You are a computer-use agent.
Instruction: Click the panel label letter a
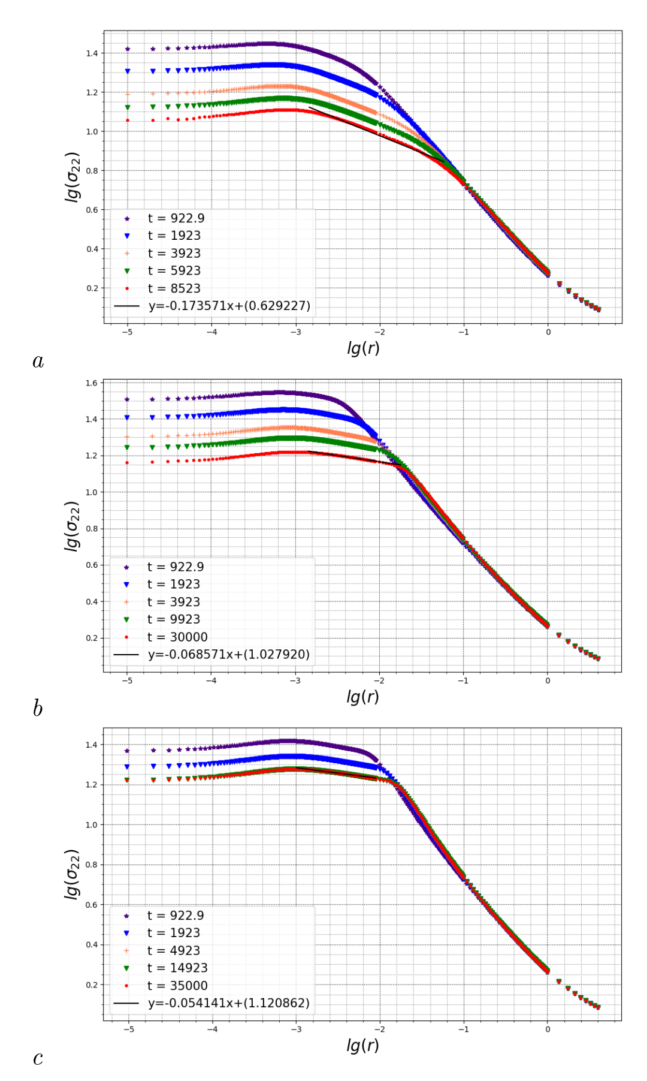coord(38,361)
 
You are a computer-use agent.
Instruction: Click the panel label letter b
coord(38,709)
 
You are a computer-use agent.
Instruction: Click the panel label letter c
coord(38,1058)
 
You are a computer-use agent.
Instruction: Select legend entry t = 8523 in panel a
coord(174,288)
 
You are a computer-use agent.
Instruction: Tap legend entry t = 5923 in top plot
coord(174,271)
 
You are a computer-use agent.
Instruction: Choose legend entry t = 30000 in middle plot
coord(177,637)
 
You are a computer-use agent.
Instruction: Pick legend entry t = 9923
coord(173,619)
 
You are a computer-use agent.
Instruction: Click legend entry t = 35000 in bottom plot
coord(177,986)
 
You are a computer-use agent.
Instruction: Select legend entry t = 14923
coord(177,968)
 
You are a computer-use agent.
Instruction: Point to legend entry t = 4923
coord(173,950)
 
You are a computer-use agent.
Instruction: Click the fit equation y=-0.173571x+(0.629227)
coord(229,306)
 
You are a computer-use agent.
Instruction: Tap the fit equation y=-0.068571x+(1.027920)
coord(229,655)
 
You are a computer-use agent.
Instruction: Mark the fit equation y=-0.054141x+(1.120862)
coord(229,1003)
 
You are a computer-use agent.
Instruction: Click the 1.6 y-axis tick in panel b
coord(91,383)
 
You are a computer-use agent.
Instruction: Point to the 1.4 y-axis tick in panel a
coord(92,53)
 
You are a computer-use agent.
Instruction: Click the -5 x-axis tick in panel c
coord(128,1029)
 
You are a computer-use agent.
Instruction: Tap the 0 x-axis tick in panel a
coord(548,332)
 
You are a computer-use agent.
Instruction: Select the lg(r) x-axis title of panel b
coord(362,696)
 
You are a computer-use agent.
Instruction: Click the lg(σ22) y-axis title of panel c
coord(72,874)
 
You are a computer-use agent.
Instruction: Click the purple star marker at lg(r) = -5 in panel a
coord(128,49)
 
